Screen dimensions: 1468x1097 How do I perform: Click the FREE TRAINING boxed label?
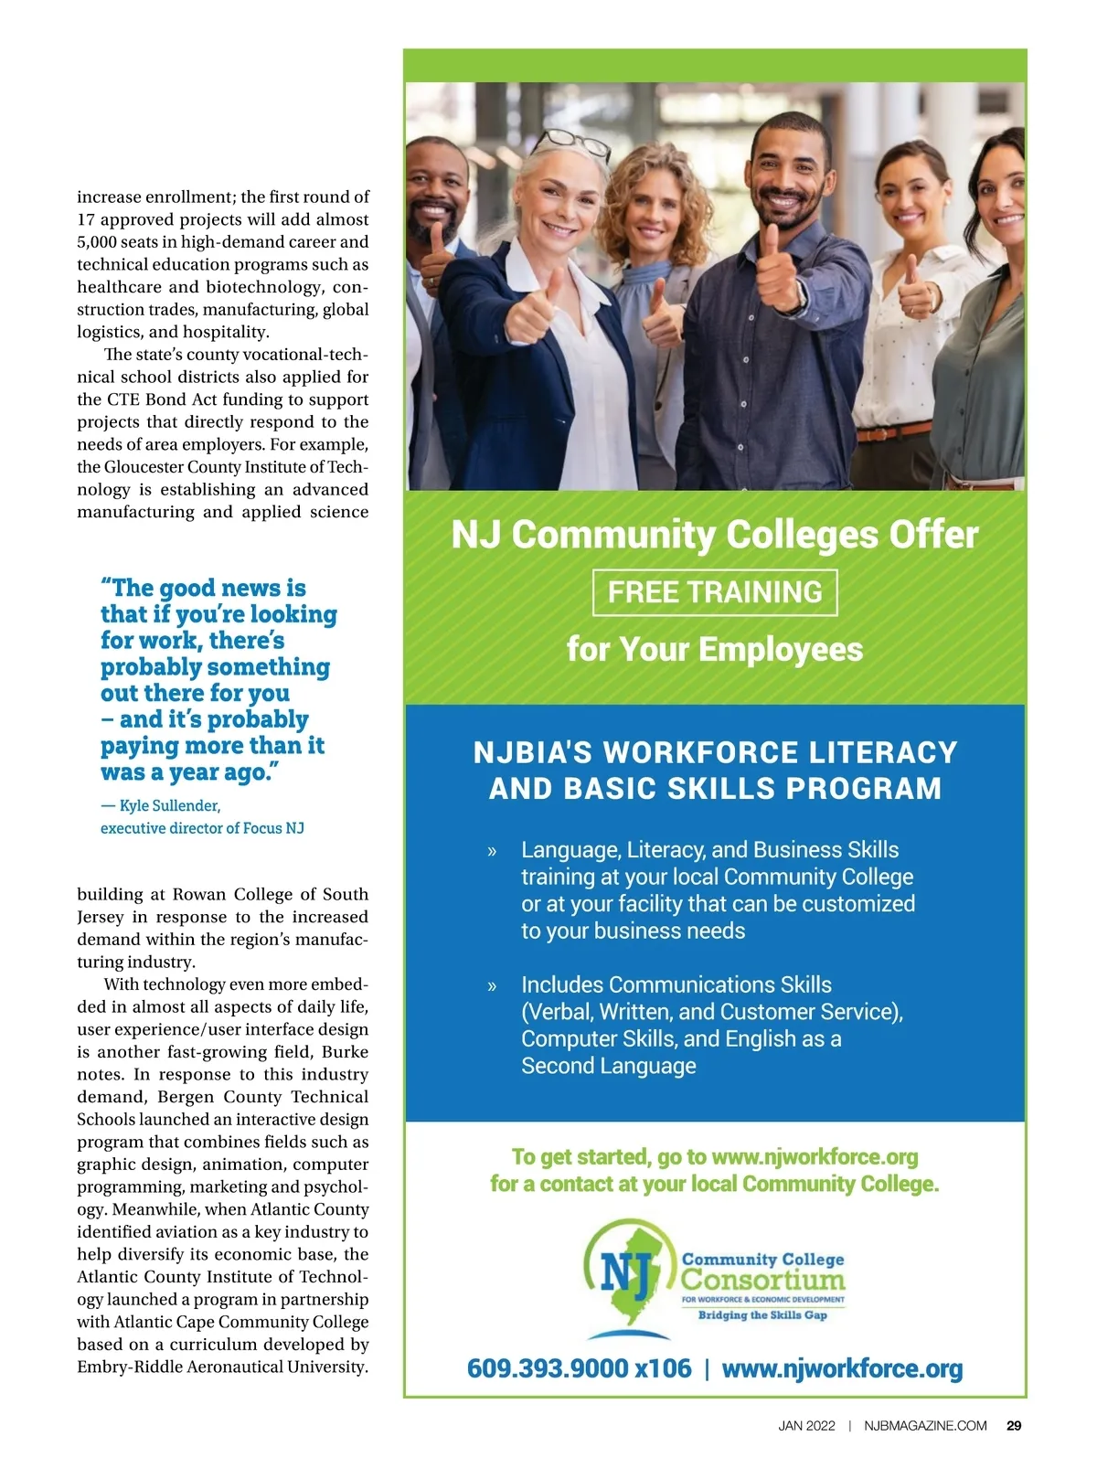point(715,592)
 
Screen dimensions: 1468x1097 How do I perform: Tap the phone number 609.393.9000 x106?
point(579,1368)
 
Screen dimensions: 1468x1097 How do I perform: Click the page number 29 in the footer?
point(1014,1425)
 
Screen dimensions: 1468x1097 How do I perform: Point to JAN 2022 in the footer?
point(806,1425)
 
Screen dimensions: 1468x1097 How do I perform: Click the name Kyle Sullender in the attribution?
point(170,805)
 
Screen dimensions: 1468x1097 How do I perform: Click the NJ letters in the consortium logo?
point(624,1267)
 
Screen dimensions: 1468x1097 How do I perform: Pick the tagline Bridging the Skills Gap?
point(762,1315)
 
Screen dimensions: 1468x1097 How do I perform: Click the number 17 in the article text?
point(86,219)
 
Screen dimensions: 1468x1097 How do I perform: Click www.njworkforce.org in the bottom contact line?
point(842,1368)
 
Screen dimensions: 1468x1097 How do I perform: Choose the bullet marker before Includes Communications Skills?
point(492,985)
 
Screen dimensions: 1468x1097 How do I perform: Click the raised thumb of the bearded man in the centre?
point(771,239)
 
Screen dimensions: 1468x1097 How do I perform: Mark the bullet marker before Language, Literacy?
point(492,851)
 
